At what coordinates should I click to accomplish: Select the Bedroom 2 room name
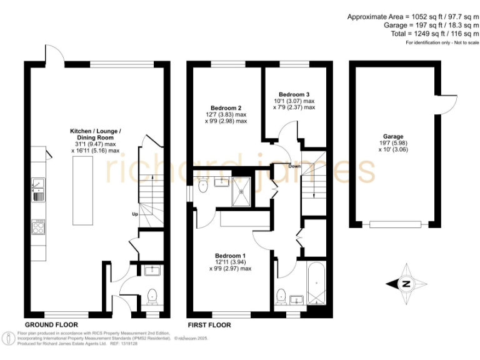[228, 106]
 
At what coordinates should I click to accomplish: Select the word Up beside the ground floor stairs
[134, 214]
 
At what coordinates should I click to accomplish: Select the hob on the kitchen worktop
[37, 226]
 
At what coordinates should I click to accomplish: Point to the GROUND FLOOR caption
[51, 325]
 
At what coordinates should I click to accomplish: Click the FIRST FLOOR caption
[209, 325]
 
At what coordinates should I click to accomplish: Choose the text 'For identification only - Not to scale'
[442, 42]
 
